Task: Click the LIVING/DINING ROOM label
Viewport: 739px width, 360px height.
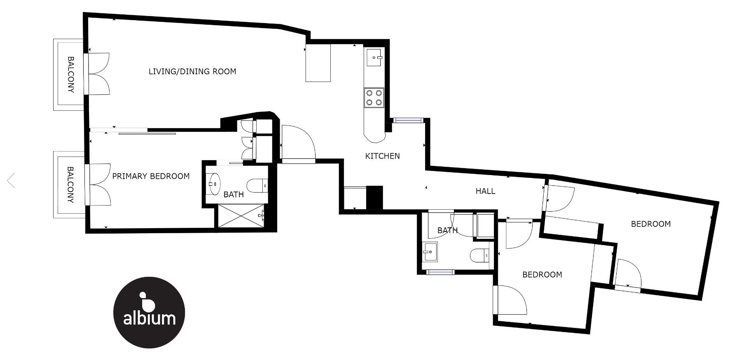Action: pyautogui.click(x=192, y=71)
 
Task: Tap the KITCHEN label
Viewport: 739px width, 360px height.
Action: pyautogui.click(x=382, y=156)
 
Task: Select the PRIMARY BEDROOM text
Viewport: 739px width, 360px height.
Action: pyautogui.click(x=151, y=176)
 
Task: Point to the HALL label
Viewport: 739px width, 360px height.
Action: pyautogui.click(x=485, y=191)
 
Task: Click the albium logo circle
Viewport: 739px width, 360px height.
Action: pyautogui.click(x=149, y=313)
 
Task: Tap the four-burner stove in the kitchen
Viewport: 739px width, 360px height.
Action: pyautogui.click(x=374, y=98)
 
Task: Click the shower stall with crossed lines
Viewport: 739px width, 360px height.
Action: pyautogui.click(x=242, y=215)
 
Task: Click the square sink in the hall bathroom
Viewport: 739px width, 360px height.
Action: pyautogui.click(x=430, y=252)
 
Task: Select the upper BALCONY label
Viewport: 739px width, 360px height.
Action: pyautogui.click(x=71, y=75)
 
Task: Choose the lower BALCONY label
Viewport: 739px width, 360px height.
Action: pyautogui.click(x=70, y=185)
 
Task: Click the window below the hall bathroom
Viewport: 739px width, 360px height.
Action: pyautogui.click(x=440, y=272)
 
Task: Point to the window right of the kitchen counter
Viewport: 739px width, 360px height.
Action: pyautogui.click(x=408, y=120)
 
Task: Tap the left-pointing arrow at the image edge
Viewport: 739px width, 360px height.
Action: pyautogui.click(x=11, y=180)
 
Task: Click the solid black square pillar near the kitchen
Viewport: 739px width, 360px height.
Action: pyautogui.click(x=374, y=197)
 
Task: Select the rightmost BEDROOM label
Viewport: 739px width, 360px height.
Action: pyautogui.click(x=651, y=224)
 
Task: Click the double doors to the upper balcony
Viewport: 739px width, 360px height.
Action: pyautogui.click(x=98, y=74)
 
